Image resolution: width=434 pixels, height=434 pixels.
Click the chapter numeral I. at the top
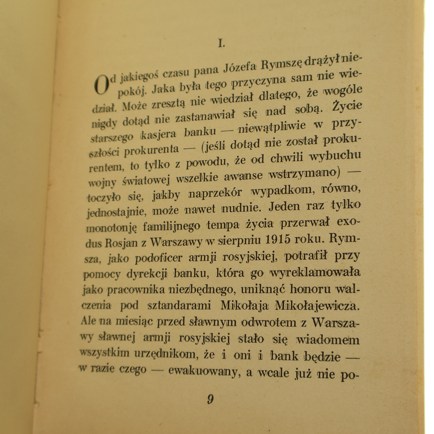221,43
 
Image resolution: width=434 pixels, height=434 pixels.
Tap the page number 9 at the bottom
210,399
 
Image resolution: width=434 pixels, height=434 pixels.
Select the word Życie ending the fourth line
347,106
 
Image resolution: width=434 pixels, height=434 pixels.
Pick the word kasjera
157,134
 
